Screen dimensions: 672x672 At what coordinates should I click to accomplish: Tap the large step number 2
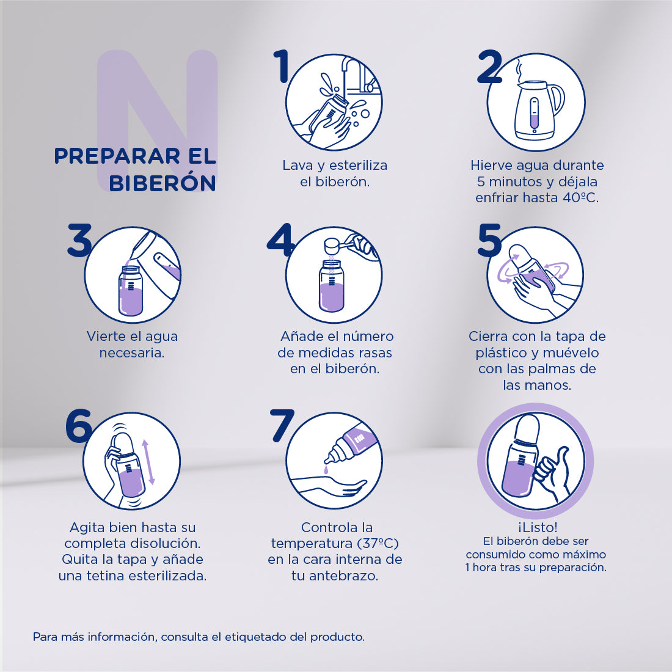coord(489,67)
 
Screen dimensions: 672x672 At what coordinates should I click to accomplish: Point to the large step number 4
coord(280,239)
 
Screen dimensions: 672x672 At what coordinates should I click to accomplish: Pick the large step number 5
coord(489,239)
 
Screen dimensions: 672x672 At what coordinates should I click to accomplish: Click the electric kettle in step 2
coord(536,110)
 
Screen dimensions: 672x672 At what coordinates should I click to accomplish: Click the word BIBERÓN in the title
coord(162,183)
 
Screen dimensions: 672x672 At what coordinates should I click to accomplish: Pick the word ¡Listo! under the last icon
coord(536,527)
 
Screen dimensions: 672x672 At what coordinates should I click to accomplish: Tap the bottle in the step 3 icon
coord(130,291)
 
